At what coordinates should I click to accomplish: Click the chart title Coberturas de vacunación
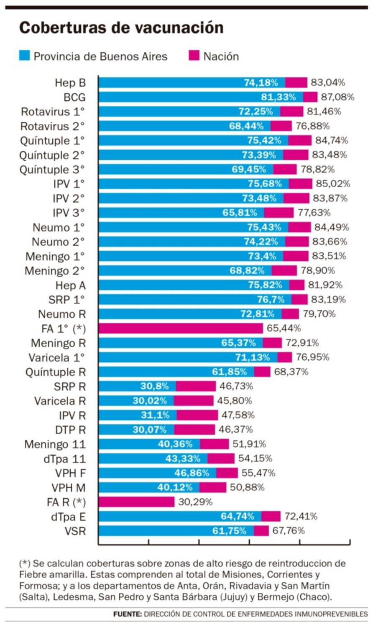coord(121,28)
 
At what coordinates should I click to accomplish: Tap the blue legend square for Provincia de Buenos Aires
coord(25,56)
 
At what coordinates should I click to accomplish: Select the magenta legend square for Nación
coord(194,56)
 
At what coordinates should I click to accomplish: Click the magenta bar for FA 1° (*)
coord(181,329)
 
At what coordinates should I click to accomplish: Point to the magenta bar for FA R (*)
coord(136,502)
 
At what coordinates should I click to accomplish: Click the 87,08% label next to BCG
coord(337,97)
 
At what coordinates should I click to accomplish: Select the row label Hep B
coord(70,83)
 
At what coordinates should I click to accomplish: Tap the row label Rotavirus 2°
coord(53,126)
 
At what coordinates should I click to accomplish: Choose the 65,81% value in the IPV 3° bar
coord(240,213)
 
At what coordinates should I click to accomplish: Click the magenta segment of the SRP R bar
coord(196,386)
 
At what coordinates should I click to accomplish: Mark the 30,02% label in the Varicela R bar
coord(150,401)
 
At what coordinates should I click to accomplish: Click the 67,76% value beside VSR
coord(289,531)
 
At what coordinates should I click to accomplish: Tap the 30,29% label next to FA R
coord(195,502)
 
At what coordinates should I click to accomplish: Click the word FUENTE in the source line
coord(127,614)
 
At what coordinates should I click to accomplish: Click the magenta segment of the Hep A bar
coord(297,285)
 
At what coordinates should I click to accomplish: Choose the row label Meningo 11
coord(55,444)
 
